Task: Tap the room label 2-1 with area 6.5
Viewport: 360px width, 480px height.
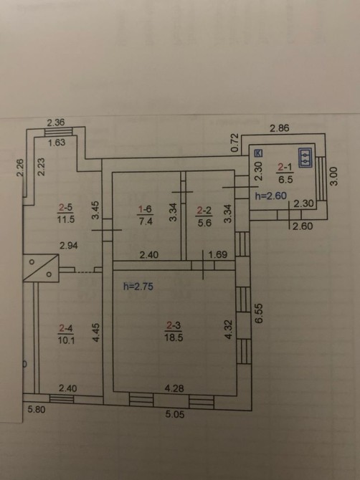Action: point(285,173)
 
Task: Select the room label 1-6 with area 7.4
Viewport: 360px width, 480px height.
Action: point(146,215)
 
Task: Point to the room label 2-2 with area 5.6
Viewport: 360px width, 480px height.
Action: point(204,216)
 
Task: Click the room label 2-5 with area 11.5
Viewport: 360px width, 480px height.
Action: point(66,213)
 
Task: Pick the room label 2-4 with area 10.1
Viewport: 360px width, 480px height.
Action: point(66,334)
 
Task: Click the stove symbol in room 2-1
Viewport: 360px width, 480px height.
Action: point(305,158)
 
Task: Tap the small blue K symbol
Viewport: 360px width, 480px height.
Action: point(259,153)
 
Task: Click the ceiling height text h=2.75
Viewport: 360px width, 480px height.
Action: point(138,287)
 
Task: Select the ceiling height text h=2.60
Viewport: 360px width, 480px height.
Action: point(271,196)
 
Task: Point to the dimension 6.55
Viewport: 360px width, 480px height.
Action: point(259,313)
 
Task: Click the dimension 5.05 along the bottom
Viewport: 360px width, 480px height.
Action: point(175,415)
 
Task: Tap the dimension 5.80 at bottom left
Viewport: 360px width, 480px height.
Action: point(37,409)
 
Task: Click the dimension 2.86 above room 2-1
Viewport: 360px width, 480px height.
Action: point(280,128)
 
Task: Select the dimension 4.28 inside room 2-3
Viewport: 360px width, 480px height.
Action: point(174,388)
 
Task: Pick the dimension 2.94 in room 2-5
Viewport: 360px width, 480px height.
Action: point(69,246)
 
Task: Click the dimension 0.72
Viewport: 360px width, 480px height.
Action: point(235,143)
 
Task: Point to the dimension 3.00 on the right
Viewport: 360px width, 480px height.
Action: point(334,176)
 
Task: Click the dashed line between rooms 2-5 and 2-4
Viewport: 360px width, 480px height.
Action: point(84,272)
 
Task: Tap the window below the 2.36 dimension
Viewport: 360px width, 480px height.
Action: point(59,132)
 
